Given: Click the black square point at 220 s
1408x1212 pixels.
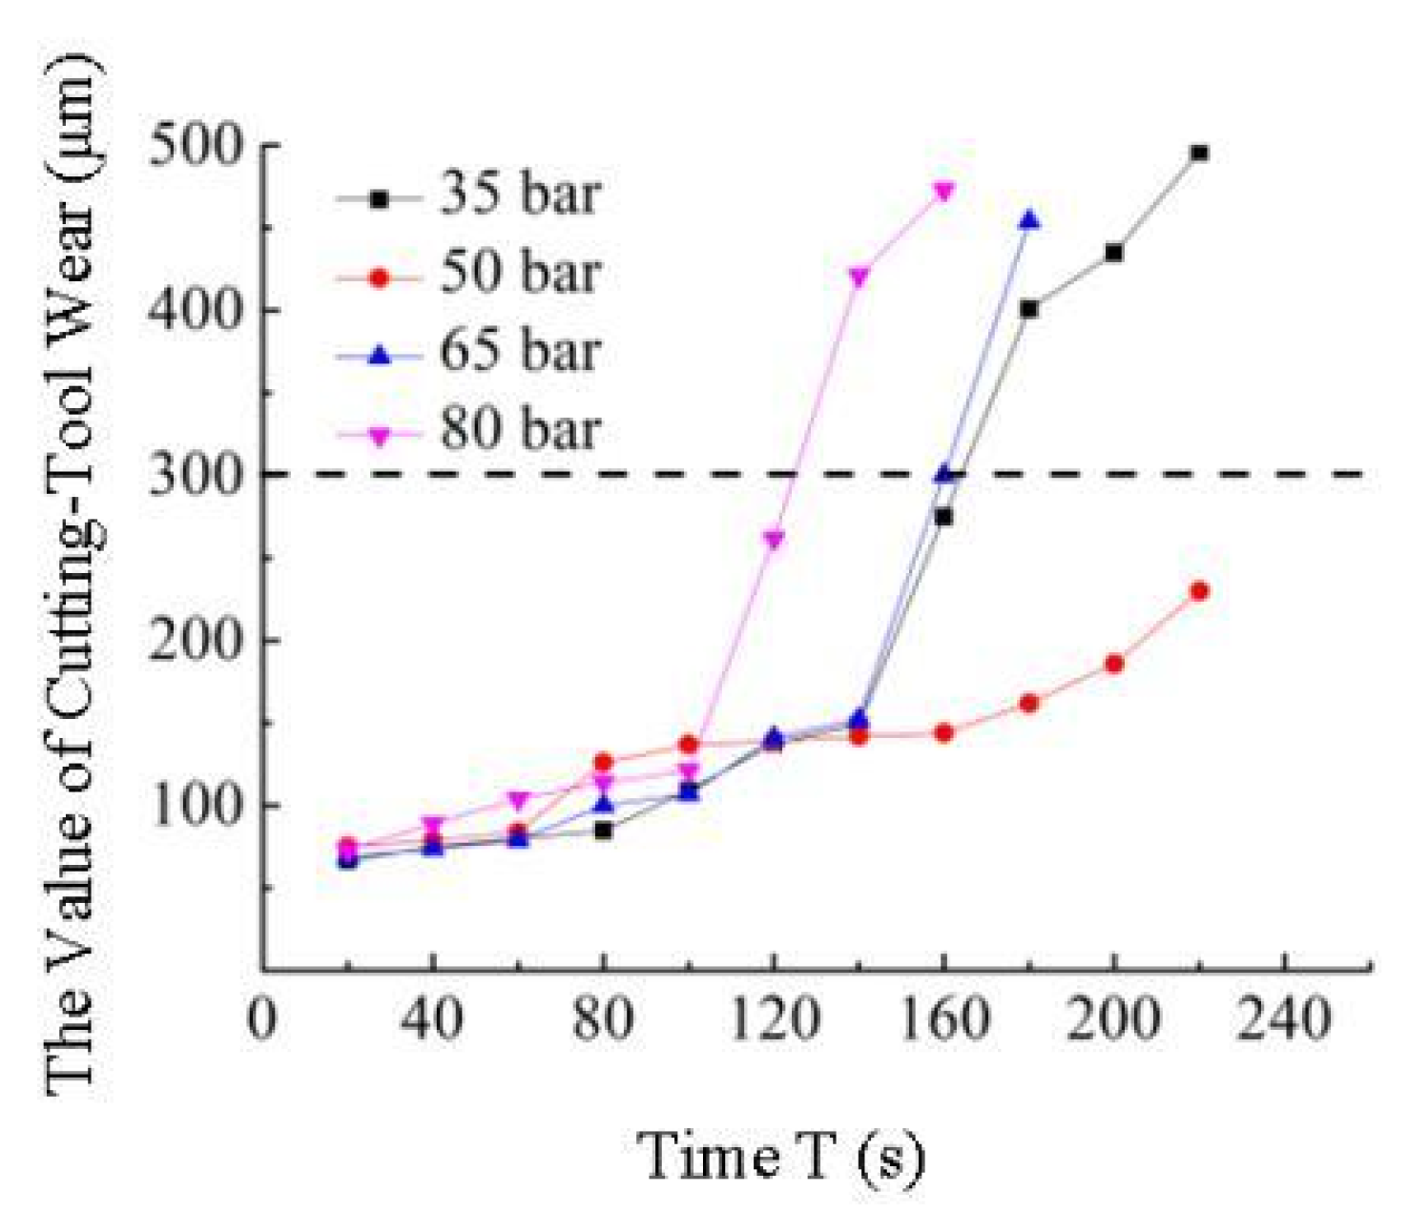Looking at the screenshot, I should tap(1199, 154).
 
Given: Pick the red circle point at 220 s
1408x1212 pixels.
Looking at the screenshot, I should tap(1199, 591).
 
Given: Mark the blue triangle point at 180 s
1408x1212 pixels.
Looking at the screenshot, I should tap(1029, 221).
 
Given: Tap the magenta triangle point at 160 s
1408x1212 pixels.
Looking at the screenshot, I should tap(944, 192).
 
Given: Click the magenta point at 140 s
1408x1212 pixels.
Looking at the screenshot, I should tap(859, 277).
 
